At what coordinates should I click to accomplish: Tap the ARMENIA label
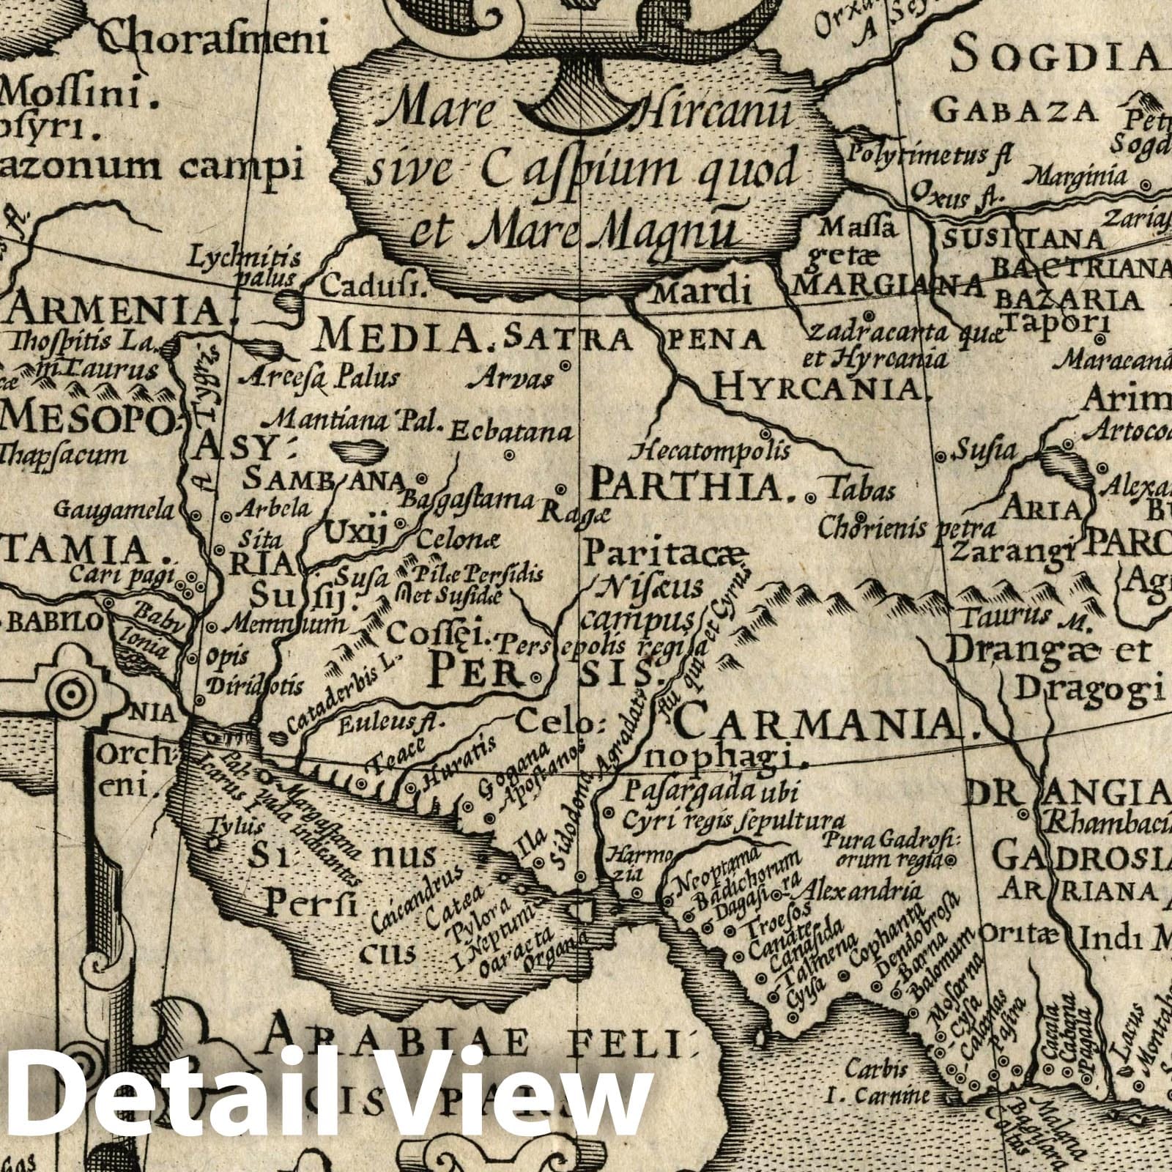[114, 312]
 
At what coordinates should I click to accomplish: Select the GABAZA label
[1017, 111]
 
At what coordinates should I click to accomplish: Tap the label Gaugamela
[117, 509]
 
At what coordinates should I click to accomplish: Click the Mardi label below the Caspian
[702, 293]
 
